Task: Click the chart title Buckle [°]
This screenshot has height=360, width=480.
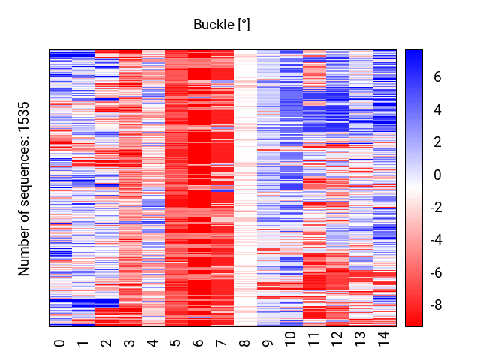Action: coord(222,25)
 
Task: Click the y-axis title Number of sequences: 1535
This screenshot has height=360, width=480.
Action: coord(23,188)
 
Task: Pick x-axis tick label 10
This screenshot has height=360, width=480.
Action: coord(290,339)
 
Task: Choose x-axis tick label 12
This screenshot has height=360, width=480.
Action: coord(337,339)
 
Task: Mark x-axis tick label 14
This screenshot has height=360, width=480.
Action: coord(383,339)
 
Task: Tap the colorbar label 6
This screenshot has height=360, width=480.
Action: coord(437,76)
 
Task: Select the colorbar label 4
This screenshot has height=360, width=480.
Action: coord(437,109)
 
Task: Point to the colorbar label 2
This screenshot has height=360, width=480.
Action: coord(437,142)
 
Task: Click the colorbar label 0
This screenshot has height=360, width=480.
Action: coord(437,175)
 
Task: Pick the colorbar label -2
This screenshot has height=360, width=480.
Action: coord(436,208)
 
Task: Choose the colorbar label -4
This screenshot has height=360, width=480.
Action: coord(436,240)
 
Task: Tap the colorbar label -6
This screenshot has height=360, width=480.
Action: coord(436,272)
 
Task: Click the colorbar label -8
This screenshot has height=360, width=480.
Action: coord(436,305)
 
